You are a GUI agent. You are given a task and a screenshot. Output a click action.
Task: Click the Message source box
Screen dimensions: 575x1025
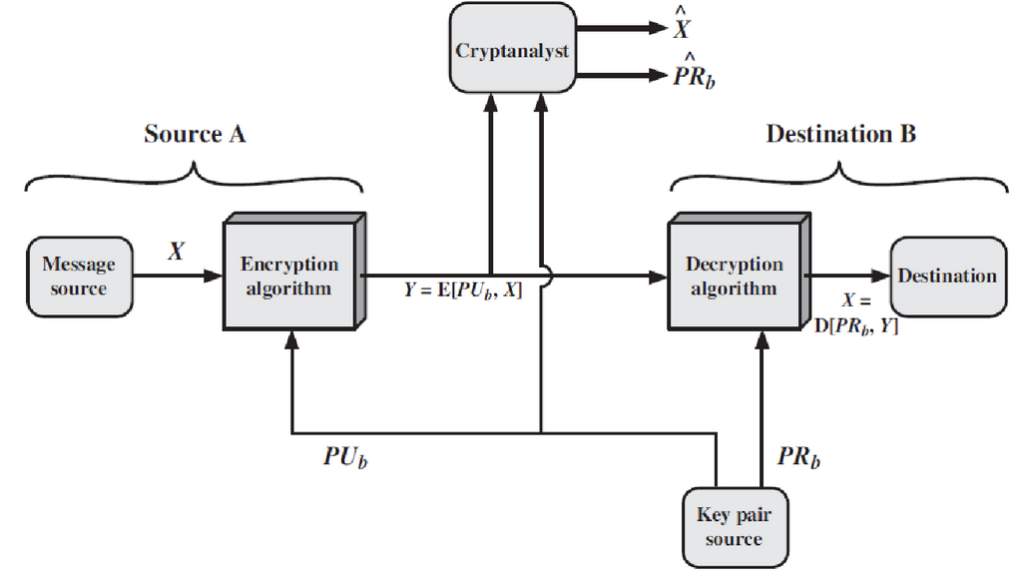click(79, 276)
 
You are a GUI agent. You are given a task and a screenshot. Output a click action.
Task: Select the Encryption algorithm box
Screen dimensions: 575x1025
click(289, 276)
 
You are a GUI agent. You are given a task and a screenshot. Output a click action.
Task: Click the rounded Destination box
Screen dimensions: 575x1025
click(947, 276)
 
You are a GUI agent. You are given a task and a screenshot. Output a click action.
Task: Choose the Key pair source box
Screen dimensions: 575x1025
click(734, 527)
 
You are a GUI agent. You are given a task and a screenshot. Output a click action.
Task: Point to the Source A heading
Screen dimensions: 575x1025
click(195, 134)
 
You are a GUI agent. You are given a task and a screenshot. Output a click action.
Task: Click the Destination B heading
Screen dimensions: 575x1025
click(840, 134)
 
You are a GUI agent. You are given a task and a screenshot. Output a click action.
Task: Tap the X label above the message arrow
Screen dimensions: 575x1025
click(176, 252)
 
